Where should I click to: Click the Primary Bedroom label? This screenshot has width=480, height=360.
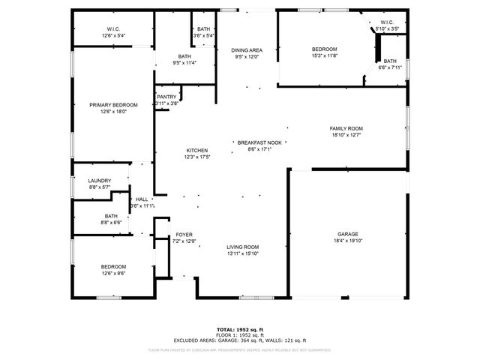tap(113, 105)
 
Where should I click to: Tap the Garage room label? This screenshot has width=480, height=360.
tap(348, 233)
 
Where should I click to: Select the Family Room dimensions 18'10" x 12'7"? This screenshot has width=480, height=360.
tap(346, 135)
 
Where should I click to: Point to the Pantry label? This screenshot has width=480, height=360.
tap(166, 96)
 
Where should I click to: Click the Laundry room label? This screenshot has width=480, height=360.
tap(100, 180)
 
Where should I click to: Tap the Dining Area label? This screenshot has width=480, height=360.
tap(246, 49)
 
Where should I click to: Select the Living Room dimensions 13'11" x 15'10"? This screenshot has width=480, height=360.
tap(243, 253)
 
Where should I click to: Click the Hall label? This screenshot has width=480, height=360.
tap(142, 199)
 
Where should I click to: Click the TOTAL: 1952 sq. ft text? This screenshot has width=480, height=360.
tap(239, 330)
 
